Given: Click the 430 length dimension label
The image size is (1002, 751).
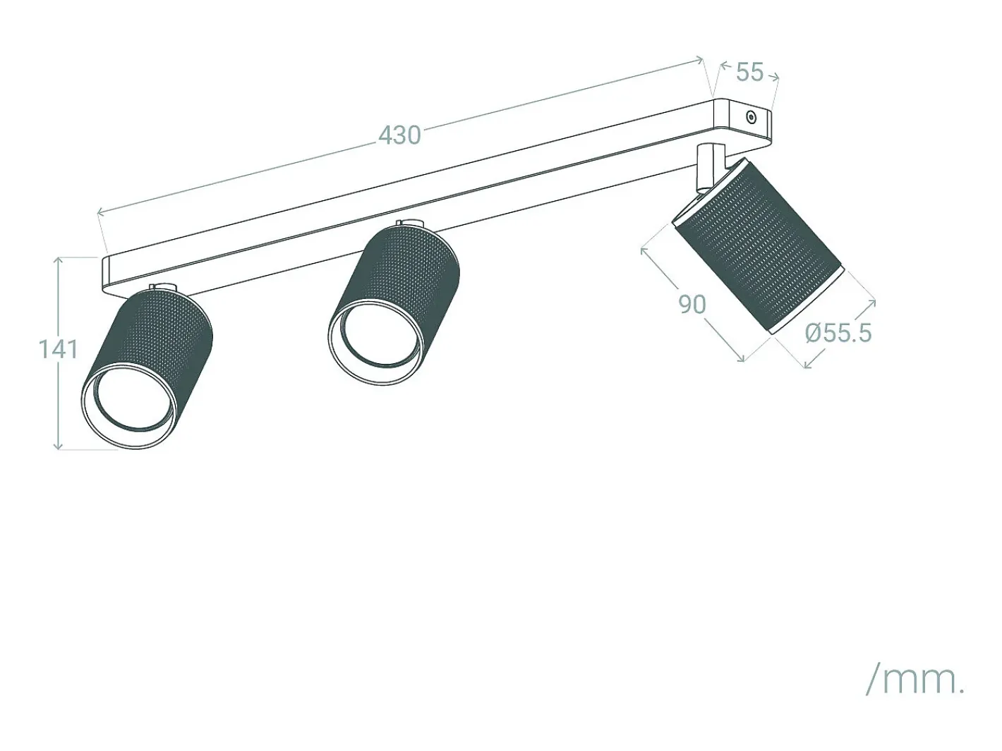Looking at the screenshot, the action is tap(400, 135).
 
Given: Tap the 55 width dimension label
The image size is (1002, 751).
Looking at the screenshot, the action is tap(749, 72).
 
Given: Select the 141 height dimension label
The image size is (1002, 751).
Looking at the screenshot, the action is tap(59, 350).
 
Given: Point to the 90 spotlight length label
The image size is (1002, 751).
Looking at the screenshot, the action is tap(692, 305).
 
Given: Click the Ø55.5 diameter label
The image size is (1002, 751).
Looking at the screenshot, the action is tap(838, 333).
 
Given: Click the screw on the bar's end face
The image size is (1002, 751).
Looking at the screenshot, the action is tap(751, 118).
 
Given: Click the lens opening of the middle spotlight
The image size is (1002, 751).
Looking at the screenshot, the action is tap(374, 335).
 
